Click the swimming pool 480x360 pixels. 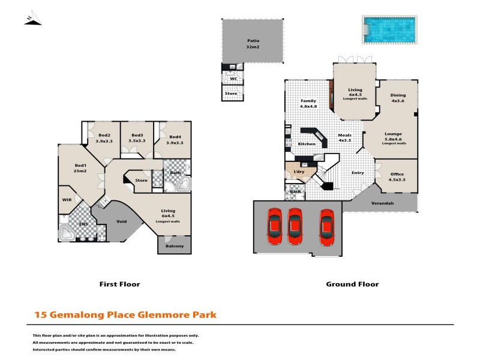(x=388, y=28)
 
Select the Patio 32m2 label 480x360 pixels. (x=252, y=44)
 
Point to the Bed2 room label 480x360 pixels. (x=104, y=139)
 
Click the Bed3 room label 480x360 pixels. (x=137, y=139)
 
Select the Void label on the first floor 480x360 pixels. (x=121, y=221)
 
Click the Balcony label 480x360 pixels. (x=175, y=245)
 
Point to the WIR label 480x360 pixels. (x=67, y=200)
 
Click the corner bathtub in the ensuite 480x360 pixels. (x=67, y=232)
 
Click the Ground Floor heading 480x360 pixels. (x=352, y=284)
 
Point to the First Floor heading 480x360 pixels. (x=119, y=284)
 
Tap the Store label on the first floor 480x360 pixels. (x=142, y=180)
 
